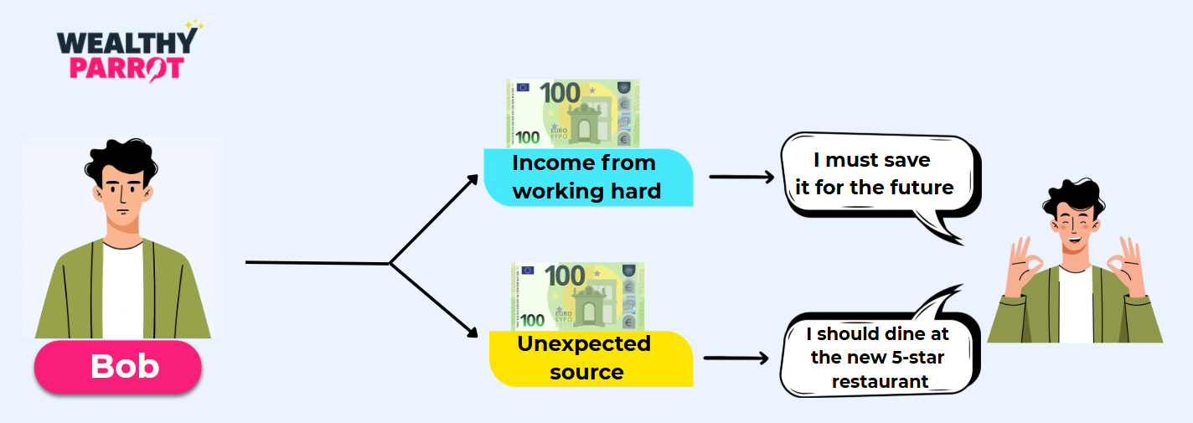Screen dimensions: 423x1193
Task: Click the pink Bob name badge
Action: (x=118, y=367)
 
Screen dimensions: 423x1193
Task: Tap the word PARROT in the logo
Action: (x=126, y=68)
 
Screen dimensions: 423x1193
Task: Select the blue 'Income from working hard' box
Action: (x=587, y=177)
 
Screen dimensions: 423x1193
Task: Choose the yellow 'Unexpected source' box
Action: (x=590, y=359)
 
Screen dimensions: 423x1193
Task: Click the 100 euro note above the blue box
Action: (x=572, y=113)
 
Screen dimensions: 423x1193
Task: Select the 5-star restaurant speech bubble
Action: (x=878, y=355)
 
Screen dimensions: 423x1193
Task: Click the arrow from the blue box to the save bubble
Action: (x=741, y=177)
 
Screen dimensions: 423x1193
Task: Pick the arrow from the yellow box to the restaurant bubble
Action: (x=736, y=359)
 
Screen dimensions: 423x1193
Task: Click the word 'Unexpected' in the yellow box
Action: (x=584, y=343)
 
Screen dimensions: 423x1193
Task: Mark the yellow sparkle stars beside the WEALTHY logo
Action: (x=194, y=26)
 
